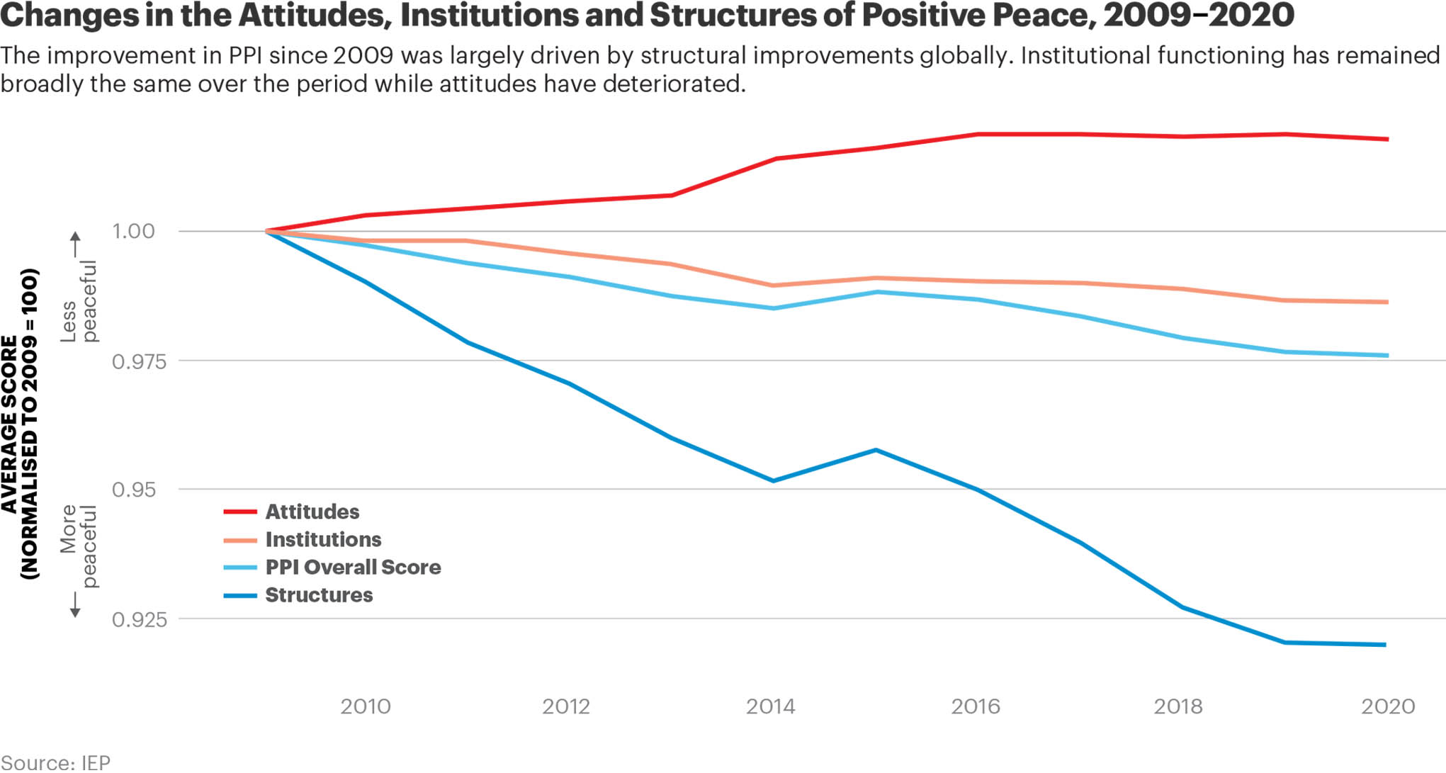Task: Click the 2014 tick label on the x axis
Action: [770, 706]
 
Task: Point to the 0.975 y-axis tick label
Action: [140, 362]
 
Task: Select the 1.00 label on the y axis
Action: [133, 231]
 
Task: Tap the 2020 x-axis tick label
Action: [1387, 706]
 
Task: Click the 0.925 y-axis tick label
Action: [140, 620]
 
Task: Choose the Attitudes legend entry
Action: [312, 512]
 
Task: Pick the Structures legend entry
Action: [319, 595]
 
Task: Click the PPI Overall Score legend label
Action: [353, 568]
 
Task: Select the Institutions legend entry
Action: [323, 540]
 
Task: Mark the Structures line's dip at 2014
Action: [773, 481]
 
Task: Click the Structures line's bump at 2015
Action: [876, 450]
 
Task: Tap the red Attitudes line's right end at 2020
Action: [1386, 139]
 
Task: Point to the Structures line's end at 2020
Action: [1385, 645]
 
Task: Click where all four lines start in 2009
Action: [267, 231]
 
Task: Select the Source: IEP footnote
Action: [55, 762]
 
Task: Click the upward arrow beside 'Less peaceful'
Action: [75, 244]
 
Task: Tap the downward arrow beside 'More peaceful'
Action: [75, 604]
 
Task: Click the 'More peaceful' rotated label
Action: [78, 546]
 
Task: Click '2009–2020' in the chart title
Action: [1198, 15]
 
